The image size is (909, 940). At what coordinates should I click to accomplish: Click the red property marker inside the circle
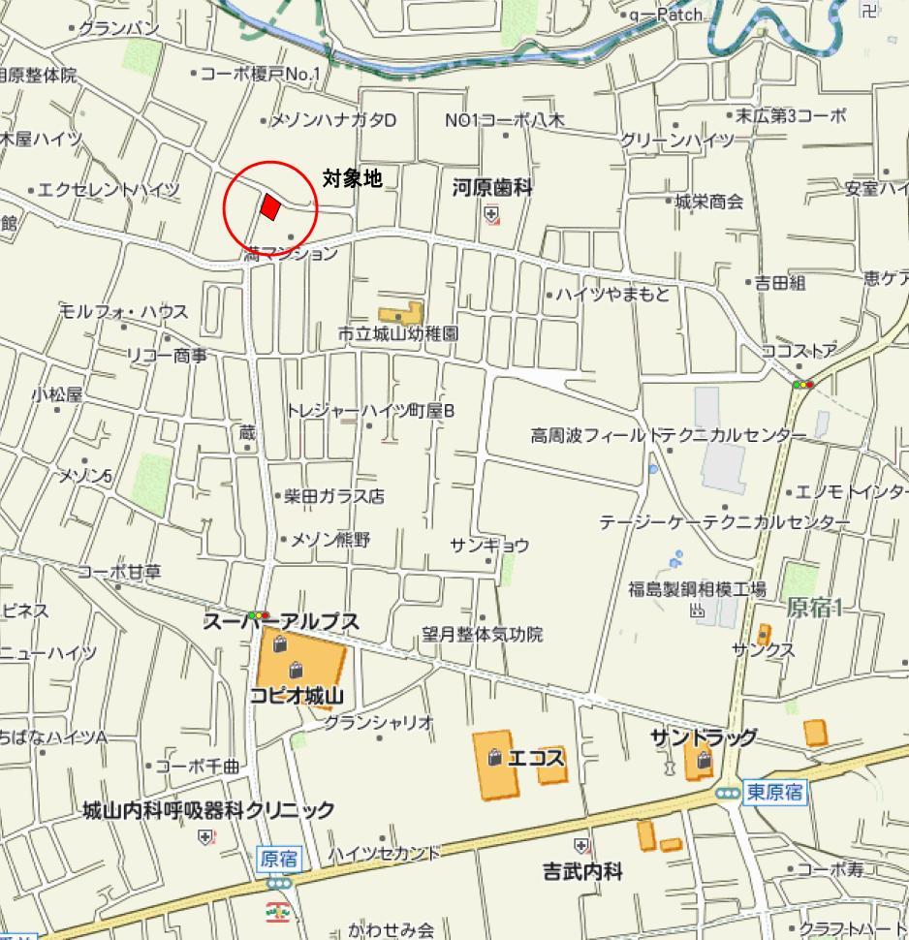pos(270,206)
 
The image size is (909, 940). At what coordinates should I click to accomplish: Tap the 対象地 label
pos(352,177)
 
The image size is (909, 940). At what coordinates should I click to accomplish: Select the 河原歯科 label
pos(492,188)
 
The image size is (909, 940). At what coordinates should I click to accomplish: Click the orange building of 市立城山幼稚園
pos(401,314)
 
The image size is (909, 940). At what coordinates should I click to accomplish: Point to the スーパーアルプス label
pos(281,622)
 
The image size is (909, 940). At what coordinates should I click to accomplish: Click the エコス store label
pos(536,757)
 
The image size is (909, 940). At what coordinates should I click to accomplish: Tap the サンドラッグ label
pos(704,737)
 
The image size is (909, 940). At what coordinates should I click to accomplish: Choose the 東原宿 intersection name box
pos(775,792)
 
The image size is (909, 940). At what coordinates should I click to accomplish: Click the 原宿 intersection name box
pos(279,858)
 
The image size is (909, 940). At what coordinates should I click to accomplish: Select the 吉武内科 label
pos(582,871)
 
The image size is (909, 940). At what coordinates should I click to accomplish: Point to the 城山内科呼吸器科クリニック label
pos(208,809)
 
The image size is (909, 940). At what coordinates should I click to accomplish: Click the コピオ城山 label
pos(297,695)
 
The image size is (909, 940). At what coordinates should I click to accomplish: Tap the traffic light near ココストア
pos(803,385)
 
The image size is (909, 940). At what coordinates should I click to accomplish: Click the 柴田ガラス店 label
pos(334,496)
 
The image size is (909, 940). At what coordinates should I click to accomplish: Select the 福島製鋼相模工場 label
pos(697,589)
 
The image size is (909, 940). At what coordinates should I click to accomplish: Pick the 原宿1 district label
pos(814,608)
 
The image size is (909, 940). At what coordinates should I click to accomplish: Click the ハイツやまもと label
pos(612,294)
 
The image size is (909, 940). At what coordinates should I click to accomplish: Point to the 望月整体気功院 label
pos(482,635)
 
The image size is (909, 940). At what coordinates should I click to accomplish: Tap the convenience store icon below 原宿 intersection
pos(277,911)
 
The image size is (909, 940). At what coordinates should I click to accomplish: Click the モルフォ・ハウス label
pos(124,311)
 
